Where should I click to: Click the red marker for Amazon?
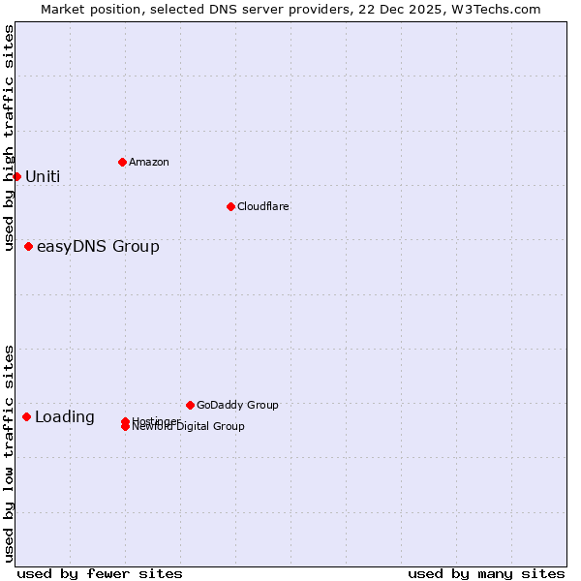pos(122,162)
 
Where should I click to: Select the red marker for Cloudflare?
pos(230,206)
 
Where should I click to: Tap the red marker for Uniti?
pos(16,176)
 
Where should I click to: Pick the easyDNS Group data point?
pos(28,246)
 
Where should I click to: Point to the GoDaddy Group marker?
pos(190,405)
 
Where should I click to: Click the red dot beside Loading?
pos(26,416)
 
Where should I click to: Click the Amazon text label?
pos(149,162)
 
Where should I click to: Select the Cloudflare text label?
pos(263,206)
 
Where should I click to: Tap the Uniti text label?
pos(43,176)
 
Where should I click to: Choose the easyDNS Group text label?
pos(98,246)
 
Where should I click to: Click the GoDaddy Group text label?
pos(237,405)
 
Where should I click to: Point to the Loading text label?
pos(65,417)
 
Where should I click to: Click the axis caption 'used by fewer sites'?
pos(100,573)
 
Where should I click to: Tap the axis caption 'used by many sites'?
pos(486,573)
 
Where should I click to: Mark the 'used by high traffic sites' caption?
pos(9,138)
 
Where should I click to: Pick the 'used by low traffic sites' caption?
pos(9,452)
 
